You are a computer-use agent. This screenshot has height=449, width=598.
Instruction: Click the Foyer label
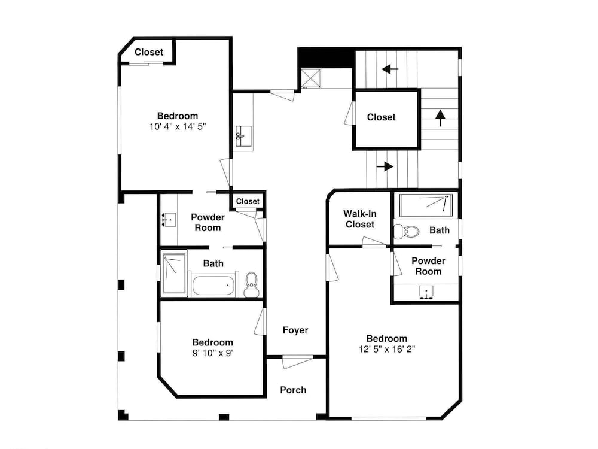tap(295, 330)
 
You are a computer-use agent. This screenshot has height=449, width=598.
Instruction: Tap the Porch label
tap(293, 390)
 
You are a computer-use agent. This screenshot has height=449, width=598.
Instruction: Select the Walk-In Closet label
tap(359, 219)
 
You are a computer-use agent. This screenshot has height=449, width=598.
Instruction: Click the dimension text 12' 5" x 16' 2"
tap(387, 349)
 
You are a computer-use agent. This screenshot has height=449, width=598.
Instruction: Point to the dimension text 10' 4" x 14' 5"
tap(178, 126)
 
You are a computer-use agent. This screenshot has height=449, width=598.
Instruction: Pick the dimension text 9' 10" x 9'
tap(212, 353)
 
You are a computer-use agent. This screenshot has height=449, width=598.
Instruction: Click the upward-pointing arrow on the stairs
tap(441, 118)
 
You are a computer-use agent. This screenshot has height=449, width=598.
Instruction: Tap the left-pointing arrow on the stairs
tap(390, 69)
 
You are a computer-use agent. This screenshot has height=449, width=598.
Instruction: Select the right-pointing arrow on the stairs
tap(385, 166)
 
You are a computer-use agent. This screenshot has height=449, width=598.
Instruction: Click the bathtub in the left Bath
tap(212, 285)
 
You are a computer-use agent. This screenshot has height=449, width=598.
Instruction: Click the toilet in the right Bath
tap(407, 231)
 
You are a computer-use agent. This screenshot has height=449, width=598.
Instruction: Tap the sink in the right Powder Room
tap(426, 292)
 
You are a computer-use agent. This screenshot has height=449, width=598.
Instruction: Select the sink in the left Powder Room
tap(169, 220)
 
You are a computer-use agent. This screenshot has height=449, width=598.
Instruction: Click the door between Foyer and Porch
tap(297, 361)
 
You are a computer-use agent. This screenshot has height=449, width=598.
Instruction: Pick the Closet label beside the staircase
tap(381, 117)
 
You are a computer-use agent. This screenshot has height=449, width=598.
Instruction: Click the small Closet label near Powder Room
tap(248, 201)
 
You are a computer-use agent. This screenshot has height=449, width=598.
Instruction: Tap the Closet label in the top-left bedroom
tap(149, 52)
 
